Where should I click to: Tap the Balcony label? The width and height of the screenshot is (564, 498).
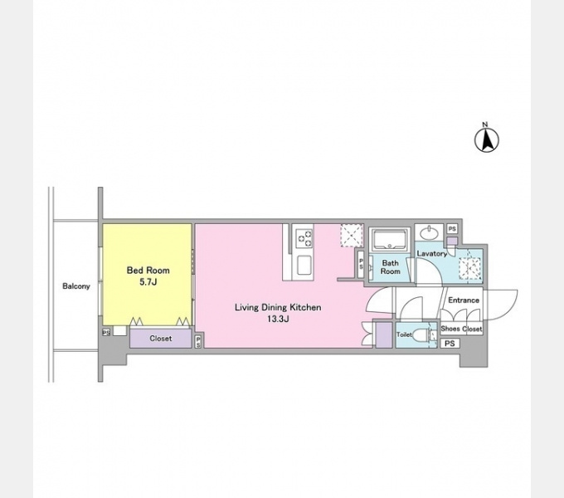tap(76, 286)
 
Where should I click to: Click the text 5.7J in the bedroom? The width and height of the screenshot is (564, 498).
tap(148, 282)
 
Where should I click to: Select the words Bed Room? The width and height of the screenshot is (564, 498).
tap(148, 271)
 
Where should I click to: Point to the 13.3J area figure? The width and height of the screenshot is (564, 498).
tap(278, 319)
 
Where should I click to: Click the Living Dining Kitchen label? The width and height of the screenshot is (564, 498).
tap(278, 307)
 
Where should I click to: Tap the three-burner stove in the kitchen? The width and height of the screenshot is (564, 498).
tap(304, 238)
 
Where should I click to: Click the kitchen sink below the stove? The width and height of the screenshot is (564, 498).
tap(304, 266)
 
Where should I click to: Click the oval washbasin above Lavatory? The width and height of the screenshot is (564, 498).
tap(429, 233)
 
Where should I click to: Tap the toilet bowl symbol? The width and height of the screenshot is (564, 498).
tap(421, 335)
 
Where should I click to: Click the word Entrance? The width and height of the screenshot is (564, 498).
tap(464, 300)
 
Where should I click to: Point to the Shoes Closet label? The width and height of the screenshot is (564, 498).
tap(461, 329)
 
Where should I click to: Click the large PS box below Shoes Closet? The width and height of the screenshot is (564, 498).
tap(450, 344)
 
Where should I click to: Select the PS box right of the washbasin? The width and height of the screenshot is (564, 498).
tap(452, 229)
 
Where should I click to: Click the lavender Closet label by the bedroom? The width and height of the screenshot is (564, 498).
tap(160, 339)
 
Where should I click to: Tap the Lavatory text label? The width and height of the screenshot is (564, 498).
tap(431, 254)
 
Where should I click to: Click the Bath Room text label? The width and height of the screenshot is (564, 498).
tap(391, 267)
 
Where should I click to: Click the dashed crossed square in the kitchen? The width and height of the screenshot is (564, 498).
tap(352, 236)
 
